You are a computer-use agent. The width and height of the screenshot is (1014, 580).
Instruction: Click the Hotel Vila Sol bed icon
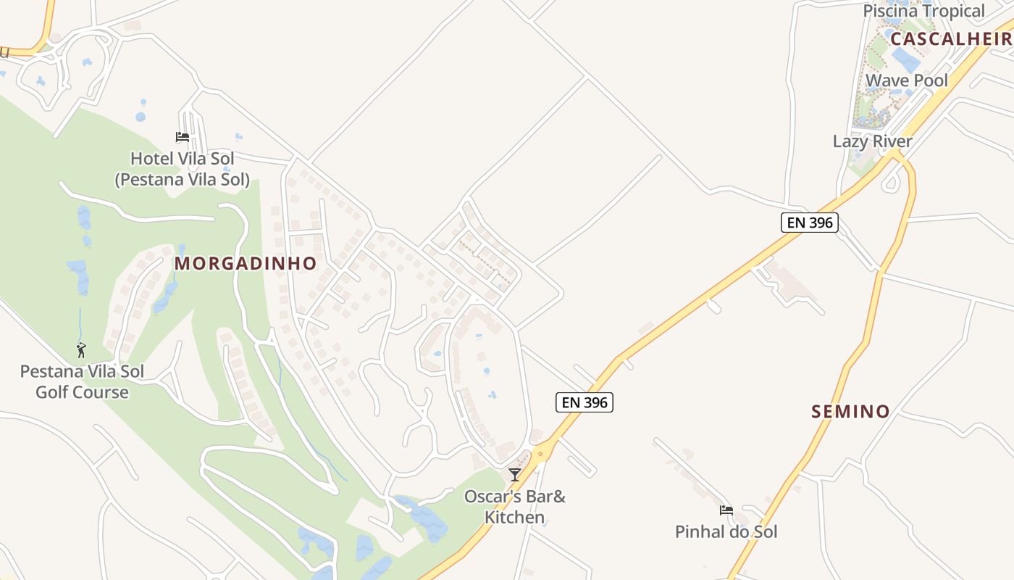click(x=183, y=136)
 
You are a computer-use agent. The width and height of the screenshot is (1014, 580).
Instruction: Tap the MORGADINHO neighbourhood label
click(x=246, y=263)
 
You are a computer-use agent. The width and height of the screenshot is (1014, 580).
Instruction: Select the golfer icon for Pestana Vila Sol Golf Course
click(x=81, y=350)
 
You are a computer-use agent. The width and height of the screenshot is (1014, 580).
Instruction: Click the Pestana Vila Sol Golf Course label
click(x=82, y=382)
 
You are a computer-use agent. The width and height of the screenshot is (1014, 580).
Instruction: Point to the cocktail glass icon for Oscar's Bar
click(x=515, y=475)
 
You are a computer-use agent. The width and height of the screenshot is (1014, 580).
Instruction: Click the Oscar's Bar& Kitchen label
click(x=515, y=507)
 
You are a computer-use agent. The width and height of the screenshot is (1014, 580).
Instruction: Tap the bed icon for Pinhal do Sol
click(x=726, y=510)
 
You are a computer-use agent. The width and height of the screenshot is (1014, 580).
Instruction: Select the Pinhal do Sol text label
click(x=726, y=531)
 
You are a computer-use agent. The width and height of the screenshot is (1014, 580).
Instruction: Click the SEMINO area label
click(x=850, y=412)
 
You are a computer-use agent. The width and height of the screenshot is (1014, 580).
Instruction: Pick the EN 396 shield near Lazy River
click(x=809, y=223)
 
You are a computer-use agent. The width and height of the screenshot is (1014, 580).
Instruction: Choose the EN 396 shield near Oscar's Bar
click(x=584, y=402)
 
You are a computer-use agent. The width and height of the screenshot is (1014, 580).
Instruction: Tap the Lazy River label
click(x=872, y=141)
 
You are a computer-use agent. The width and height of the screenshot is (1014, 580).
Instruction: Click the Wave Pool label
click(x=906, y=80)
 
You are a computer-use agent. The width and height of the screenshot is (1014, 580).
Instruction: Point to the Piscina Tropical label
click(x=923, y=11)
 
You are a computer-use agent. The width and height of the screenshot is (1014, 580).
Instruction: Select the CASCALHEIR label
click(x=951, y=38)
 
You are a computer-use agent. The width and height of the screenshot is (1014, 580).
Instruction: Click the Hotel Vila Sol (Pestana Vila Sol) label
click(x=183, y=168)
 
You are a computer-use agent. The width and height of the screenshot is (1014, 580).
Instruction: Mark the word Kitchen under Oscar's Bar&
click(x=515, y=517)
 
